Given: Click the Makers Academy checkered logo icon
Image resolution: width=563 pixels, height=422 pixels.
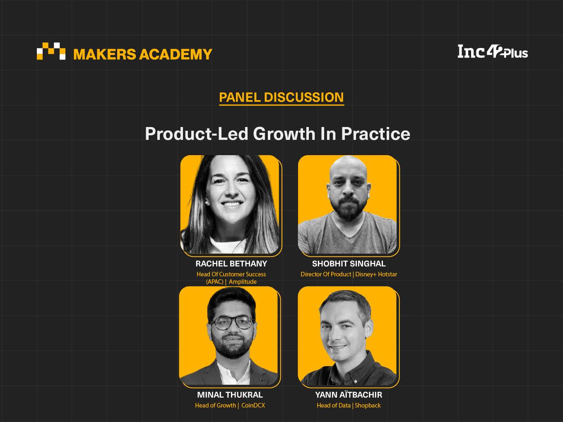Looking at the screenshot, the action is pos(51,51).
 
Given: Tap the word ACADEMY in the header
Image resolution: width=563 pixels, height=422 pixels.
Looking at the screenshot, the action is pos(176,54).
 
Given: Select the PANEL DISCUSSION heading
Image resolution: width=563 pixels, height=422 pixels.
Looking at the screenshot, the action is pos(281,97).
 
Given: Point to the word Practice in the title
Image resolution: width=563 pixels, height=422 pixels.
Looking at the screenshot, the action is pos(375,134).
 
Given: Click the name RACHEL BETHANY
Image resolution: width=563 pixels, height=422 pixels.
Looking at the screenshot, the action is pos(231,264).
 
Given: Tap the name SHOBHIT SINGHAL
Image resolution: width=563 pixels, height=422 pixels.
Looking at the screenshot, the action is pos(349,264).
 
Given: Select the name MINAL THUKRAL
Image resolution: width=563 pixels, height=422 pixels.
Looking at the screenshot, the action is pos(230,395).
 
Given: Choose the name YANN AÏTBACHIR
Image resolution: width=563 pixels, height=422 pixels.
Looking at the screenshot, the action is pos(349,395).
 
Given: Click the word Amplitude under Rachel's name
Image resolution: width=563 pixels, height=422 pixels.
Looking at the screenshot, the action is pos(243,282).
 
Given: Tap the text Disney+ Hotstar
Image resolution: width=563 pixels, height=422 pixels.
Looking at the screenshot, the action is pos(376,274).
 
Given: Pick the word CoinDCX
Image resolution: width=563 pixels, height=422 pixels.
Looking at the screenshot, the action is pos(253,405).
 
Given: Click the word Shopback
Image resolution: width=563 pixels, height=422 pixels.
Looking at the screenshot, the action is pos(368,405).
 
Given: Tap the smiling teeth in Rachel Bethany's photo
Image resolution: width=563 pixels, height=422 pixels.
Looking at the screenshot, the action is pos(231,204).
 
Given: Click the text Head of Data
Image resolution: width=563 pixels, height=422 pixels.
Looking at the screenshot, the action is pos(333,405).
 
